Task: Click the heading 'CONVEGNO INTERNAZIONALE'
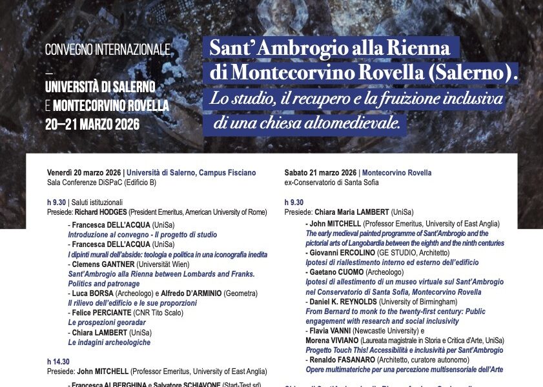coord(108,50)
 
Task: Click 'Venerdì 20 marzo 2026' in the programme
coord(85,173)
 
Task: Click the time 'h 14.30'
coord(59,362)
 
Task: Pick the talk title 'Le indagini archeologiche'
coord(109,342)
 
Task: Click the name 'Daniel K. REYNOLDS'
coord(343,301)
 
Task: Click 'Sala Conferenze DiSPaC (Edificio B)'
coord(101,183)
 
